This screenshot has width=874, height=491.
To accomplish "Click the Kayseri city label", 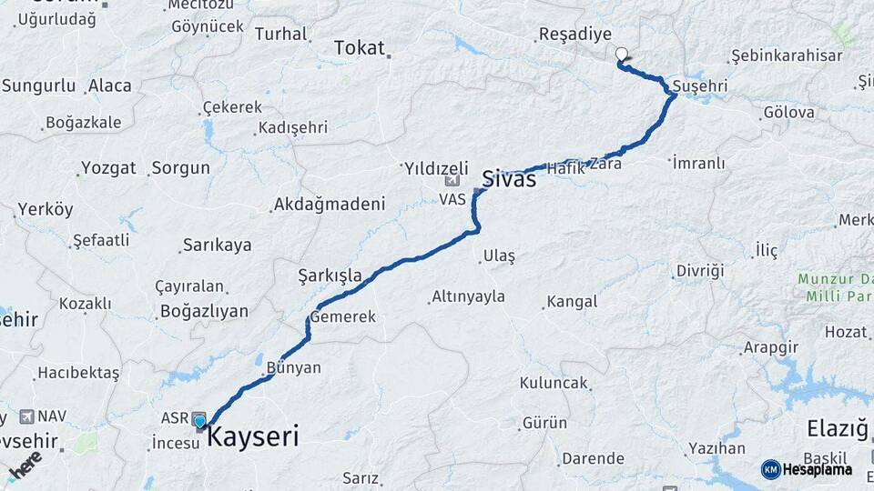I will click(253, 436).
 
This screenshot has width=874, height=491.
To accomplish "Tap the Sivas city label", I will click(508, 178).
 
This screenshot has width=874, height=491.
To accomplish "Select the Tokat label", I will click(360, 48).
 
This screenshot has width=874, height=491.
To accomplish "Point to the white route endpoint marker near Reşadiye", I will click(622, 55).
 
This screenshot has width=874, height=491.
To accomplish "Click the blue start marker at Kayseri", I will click(200, 420).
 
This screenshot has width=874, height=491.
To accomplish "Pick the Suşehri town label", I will click(701, 86).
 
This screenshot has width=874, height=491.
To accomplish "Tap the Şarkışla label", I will click(330, 276).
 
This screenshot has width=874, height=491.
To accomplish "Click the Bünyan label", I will click(294, 368).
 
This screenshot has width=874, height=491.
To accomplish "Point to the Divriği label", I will click(699, 271).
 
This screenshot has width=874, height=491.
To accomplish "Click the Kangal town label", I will click(570, 302).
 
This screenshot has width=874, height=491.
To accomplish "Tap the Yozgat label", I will click(108, 168).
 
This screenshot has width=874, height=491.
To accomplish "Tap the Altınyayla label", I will click(468, 297).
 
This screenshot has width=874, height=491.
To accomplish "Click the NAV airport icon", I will click(25, 416).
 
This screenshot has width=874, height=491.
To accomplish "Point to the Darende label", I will click(592, 458).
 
